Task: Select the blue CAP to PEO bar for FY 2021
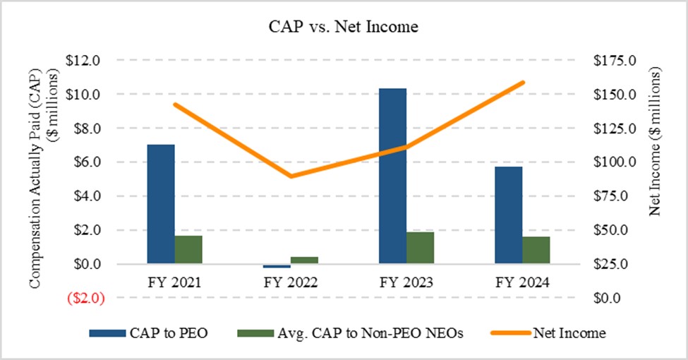point(161,204)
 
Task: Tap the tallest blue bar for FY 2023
point(392,176)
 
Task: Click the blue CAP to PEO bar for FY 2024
point(508,215)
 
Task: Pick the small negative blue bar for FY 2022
point(276,266)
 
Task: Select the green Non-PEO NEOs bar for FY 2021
point(188,249)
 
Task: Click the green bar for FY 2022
point(304,260)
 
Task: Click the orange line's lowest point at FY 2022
point(290,176)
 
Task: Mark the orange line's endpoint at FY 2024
point(523,82)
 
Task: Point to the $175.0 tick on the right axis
point(617,61)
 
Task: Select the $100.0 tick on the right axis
point(617,162)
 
